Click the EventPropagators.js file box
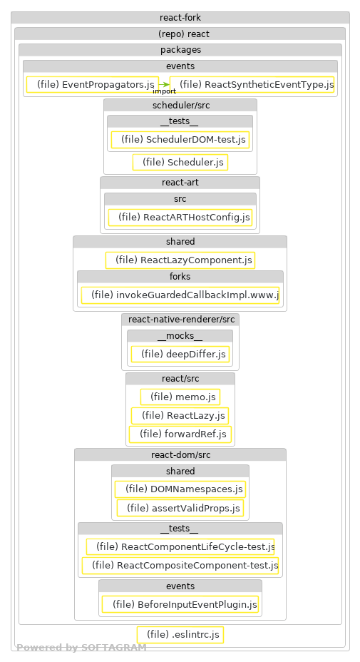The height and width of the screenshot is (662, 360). [x=91, y=85]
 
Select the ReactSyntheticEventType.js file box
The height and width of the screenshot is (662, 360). [x=252, y=85]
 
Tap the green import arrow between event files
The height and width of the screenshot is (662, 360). [x=163, y=85]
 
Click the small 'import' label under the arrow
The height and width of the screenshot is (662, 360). [x=164, y=91]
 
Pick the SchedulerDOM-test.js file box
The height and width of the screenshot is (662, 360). [x=180, y=140]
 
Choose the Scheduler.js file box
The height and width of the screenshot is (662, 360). [x=180, y=163]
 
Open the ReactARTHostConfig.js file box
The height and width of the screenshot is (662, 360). [x=180, y=217]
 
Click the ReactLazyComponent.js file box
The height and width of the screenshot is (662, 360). [x=180, y=260]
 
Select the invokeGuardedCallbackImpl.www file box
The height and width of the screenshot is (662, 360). [x=180, y=295]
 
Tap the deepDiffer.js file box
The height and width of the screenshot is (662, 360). [x=180, y=354]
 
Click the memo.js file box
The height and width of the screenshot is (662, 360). [x=180, y=397]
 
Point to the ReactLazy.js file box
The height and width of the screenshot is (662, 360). [x=180, y=415]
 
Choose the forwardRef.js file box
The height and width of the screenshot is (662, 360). [x=180, y=434]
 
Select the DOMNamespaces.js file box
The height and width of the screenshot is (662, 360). [x=180, y=489]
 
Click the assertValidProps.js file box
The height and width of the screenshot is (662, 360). [x=180, y=509]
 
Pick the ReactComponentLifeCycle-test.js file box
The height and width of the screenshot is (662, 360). [x=180, y=546]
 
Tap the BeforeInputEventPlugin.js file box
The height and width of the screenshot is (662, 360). [x=180, y=604]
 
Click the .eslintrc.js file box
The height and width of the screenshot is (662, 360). [x=180, y=634]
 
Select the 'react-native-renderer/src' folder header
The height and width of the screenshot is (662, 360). [x=180, y=319]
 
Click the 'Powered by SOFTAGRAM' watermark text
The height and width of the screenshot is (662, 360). [x=81, y=648]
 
